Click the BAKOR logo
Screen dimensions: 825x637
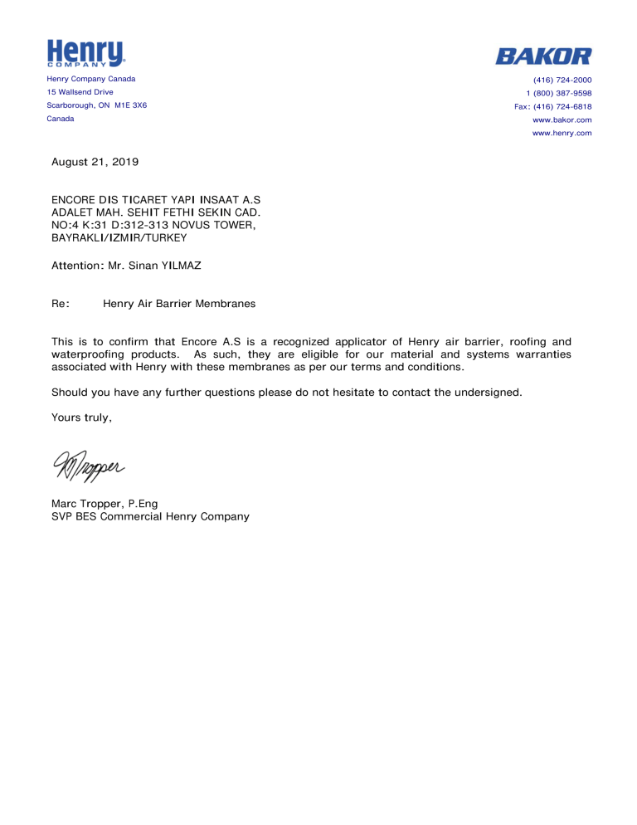[543, 56]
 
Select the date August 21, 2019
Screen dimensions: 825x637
[95, 162]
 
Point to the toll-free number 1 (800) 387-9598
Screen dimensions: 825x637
[559, 93]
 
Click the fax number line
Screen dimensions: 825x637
[553, 106]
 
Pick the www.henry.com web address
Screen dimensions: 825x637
[562, 133]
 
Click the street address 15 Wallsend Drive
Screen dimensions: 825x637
[80, 92]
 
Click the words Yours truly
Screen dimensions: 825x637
[81, 417]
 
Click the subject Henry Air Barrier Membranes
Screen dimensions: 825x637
[179, 304]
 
